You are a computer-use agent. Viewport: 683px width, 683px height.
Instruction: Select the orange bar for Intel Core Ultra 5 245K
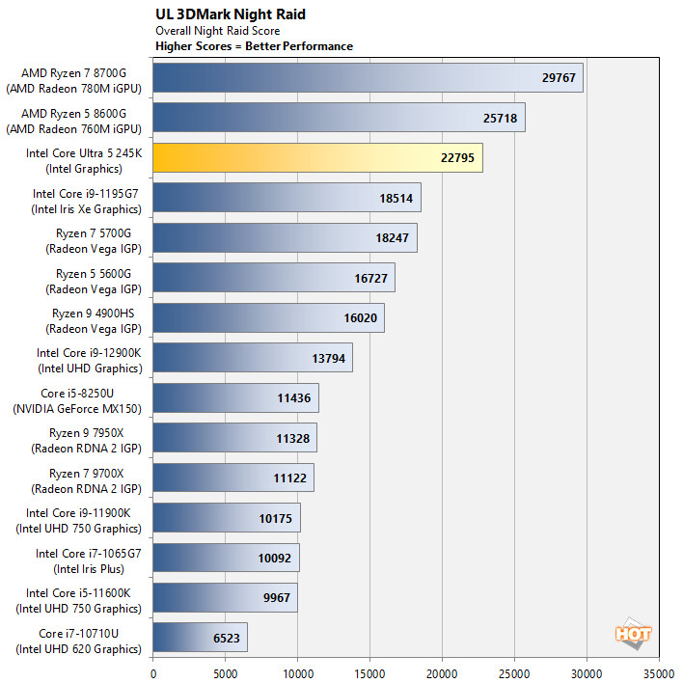[317, 157]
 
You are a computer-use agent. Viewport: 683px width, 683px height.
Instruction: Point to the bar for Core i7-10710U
[200, 637]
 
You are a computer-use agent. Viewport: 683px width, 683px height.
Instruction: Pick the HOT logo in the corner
[633, 633]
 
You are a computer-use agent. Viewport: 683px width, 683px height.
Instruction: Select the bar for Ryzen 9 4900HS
[268, 317]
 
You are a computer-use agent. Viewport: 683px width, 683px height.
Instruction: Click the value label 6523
[228, 638]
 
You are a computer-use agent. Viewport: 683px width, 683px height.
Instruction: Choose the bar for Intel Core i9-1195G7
[287, 197]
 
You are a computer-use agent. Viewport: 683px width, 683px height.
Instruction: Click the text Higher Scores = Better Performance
[254, 46]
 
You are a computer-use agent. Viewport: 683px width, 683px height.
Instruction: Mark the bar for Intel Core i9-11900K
[227, 517]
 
